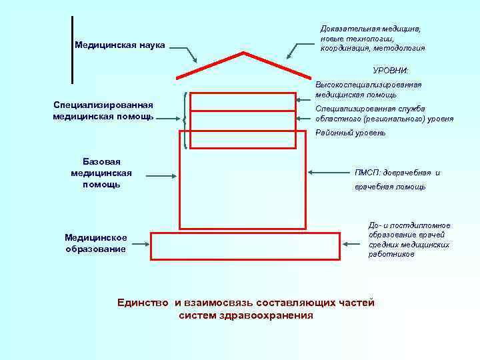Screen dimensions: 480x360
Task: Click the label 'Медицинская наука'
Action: click(119, 45)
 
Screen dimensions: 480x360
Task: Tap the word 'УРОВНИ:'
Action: click(391, 71)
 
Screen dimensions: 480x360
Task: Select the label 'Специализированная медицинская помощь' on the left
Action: click(103, 111)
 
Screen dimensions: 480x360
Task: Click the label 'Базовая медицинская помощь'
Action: click(101, 173)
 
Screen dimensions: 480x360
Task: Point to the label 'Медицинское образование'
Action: click(95, 243)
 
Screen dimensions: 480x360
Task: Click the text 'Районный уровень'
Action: click(350, 133)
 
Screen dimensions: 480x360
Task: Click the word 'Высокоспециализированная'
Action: click(369, 85)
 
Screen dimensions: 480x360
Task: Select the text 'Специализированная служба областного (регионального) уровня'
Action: click(384, 113)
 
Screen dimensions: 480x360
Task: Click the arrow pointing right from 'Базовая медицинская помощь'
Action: click(160, 177)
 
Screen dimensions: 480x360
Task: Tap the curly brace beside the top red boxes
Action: click(183, 109)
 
